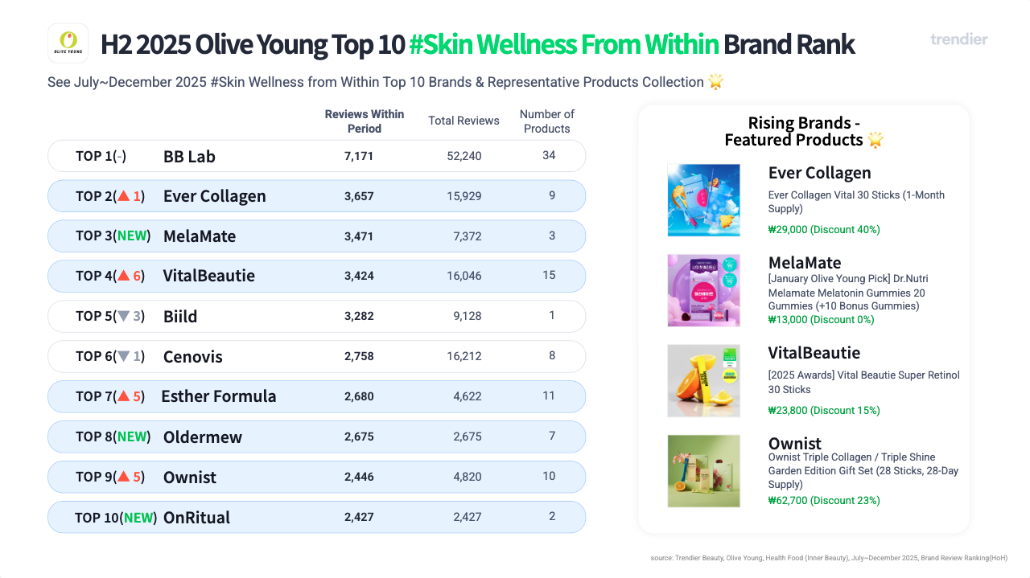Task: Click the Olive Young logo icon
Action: [x=68, y=43]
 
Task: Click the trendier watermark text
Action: [x=958, y=39]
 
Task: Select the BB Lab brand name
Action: [x=189, y=156]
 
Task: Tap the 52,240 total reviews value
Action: [x=464, y=156]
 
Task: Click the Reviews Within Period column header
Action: [x=365, y=121]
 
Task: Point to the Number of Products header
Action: [x=547, y=121]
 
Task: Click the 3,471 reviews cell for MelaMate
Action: [x=359, y=236]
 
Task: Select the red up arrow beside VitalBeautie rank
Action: [x=123, y=276]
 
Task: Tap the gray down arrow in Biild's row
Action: [x=123, y=316]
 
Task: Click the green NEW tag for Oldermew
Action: [x=133, y=437]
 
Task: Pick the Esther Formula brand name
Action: [x=219, y=396]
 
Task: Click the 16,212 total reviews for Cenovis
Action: [x=464, y=356]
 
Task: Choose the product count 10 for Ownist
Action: [x=549, y=477]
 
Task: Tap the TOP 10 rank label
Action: [x=97, y=517]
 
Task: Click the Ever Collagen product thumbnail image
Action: [x=703, y=200]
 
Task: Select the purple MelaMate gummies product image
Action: [x=703, y=290]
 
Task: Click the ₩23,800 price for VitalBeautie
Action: [x=824, y=410]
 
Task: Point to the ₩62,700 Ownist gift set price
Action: [x=824, y=500]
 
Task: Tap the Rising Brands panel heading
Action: [x=804, y=131]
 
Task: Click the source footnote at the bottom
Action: [x=829, y=558]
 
